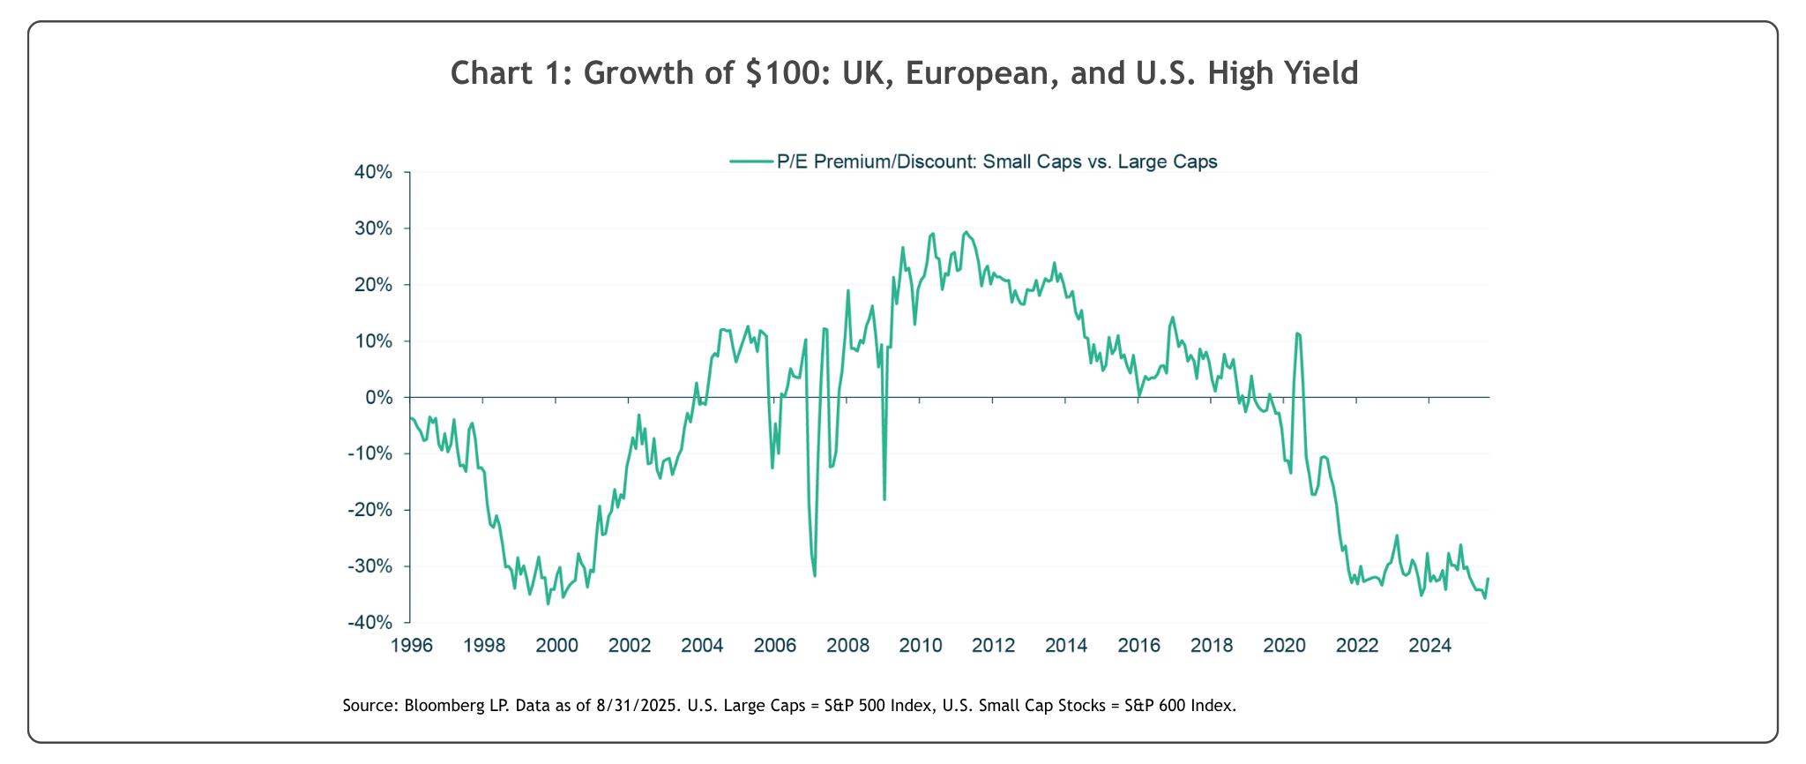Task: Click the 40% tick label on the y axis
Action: click(372, 172)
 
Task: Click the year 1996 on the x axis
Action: click(411, 645)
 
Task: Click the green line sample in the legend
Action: click(751, 161)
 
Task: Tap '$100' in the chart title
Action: click(784, 73)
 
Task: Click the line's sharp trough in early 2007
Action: click(815, 576)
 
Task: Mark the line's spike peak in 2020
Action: click(1297, 333)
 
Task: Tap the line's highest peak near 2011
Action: click(966, 232)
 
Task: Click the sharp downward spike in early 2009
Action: click(884, 499)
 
